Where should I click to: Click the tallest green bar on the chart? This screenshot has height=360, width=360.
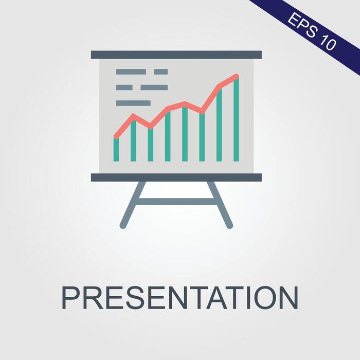(x=236, y=121)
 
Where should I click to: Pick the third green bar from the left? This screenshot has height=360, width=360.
(x=150, y=145)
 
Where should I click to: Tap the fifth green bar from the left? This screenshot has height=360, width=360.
(x=185, y=135)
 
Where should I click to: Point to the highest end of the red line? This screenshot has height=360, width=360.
(x=237, y=77)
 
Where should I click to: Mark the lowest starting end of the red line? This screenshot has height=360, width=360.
(x=116, y=136)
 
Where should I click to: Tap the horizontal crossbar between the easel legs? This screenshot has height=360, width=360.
(x=176, y=202)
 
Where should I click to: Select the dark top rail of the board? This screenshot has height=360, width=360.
(x=176, y=55)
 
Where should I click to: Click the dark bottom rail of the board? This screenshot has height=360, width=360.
(x=176, y=177)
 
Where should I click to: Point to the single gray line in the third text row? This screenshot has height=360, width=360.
(x=133, y=103)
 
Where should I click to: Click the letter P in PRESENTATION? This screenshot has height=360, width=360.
(x=71, y=297)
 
